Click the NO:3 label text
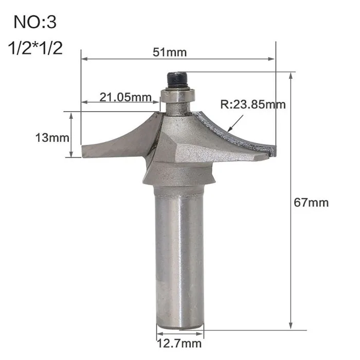tap(35, 22)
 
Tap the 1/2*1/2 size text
tap(35, 48)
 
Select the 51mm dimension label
tap(170, 52)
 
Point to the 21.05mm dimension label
tap(125, 97)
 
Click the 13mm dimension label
tap(52, 138)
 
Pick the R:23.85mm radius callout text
tap(253, 104)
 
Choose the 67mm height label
tap(311, 203)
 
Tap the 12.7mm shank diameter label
tap(179, 344)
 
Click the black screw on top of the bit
tap(177, 80)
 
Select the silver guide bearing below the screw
tap(178, 96)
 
